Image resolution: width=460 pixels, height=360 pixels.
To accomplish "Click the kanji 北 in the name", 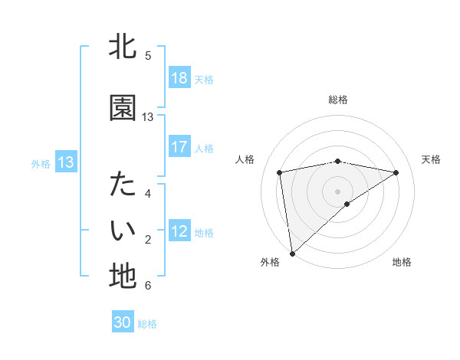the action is tap(123, 47).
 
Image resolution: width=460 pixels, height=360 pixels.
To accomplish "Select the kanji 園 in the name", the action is tap(123, 108).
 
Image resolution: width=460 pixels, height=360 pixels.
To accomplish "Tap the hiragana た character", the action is tap(123, 185).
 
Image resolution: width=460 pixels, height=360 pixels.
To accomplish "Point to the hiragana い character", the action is tap(123, 231).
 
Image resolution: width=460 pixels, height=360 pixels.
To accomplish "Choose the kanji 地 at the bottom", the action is tap(123, 277).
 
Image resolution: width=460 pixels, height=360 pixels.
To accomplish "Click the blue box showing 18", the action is tap(179, 78).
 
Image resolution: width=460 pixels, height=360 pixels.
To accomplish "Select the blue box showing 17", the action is tap(179, 147).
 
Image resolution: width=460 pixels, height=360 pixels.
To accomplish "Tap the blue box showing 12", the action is tap(179, 231).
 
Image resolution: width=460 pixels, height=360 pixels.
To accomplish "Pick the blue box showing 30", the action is tap(123, 322).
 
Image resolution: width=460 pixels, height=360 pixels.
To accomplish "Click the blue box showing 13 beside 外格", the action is tap(66, 162).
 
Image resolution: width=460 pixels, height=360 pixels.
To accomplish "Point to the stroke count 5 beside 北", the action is tap(148, 56).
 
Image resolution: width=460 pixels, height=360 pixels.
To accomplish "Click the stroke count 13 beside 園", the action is tap(148, 117).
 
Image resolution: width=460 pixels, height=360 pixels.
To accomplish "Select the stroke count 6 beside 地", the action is tap(148, 286).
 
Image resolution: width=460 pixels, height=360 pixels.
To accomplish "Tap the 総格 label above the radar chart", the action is tap(338, 100).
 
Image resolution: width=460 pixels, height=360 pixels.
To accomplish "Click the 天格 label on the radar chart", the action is tap(431, 159).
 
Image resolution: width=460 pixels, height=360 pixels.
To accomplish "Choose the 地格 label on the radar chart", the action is tap(402, 262).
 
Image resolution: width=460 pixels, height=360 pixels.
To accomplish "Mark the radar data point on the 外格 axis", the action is tap(291, 253).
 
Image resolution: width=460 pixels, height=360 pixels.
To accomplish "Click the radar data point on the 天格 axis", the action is tap(396, 172).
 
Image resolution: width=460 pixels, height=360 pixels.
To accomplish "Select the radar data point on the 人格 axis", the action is tap(280, 172).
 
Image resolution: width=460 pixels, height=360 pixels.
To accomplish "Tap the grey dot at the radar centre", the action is tap(338, 190).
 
